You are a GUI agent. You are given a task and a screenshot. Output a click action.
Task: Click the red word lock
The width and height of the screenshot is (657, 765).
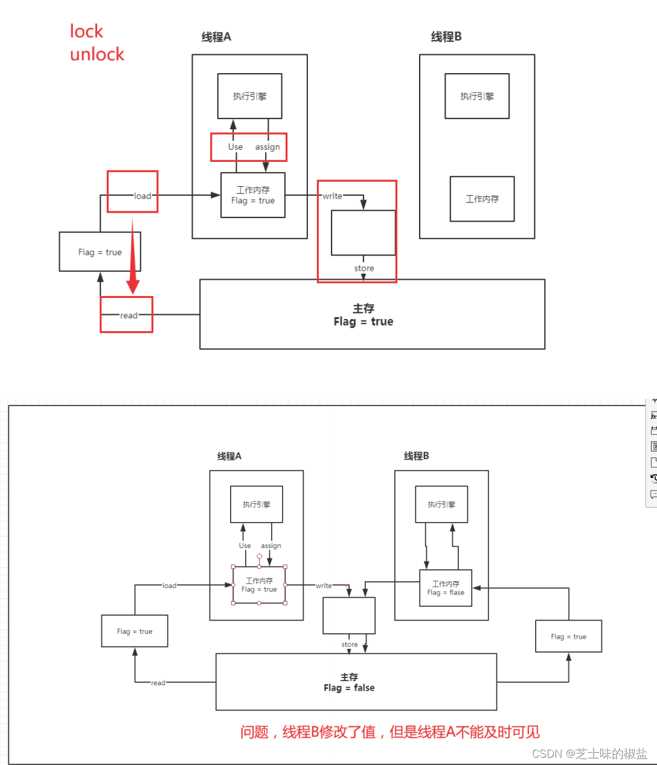coord(86,31)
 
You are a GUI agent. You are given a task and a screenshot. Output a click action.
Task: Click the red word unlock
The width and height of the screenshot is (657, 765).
coord(97,54)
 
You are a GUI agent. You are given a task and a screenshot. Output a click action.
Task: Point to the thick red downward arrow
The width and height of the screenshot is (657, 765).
coord(133,260)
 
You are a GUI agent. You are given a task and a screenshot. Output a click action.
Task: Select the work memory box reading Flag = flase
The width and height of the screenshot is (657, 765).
coord(446,588)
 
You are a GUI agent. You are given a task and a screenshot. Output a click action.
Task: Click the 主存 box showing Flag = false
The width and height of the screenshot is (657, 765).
coord(356,682)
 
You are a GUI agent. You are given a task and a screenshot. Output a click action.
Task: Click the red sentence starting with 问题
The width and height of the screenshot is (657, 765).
coord(389,732)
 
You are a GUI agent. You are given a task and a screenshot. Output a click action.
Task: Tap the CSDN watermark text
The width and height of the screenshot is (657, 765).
coord(589,754)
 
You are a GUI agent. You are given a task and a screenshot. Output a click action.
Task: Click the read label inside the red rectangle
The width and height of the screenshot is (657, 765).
coord(129,315)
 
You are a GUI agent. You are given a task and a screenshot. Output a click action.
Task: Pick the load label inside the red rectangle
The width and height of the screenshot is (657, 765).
coord(143,196)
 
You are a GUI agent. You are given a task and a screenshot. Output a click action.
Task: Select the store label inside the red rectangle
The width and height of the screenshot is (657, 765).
coord(364,268)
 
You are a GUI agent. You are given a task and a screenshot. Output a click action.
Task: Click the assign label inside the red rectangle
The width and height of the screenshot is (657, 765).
coord(268,147)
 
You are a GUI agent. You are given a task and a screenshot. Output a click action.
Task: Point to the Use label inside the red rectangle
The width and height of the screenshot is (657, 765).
coord(236,147)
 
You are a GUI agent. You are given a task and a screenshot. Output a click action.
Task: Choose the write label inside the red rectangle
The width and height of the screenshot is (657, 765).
coord(332,196)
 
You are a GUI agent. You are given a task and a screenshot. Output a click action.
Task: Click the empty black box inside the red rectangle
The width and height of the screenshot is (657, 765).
coord(364,233)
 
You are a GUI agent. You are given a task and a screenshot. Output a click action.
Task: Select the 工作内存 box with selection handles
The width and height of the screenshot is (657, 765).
coord(259,585)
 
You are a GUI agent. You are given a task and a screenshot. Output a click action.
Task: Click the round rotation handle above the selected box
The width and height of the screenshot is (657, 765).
coord(259,557)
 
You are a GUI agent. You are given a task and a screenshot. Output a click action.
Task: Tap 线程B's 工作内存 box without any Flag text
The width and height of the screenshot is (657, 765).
coord(482,199)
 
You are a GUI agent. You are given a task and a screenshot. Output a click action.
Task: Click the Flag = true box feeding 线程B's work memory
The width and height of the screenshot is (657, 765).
coord(568,636)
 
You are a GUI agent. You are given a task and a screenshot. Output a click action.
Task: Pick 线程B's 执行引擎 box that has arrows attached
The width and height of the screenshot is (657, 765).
coord(441,504)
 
